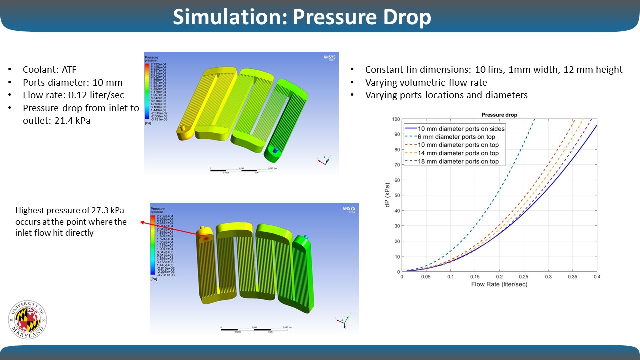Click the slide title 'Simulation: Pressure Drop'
(302, 17)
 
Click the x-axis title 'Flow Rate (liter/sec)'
(499, 284)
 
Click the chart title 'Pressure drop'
(499, 115)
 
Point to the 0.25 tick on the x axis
(524, 276)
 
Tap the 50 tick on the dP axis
(396, 195)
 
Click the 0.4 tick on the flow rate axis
(597, 276)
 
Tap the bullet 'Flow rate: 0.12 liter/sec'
(72, 95)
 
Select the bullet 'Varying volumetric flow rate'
(425, 82)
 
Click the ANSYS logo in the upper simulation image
(330, 57)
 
